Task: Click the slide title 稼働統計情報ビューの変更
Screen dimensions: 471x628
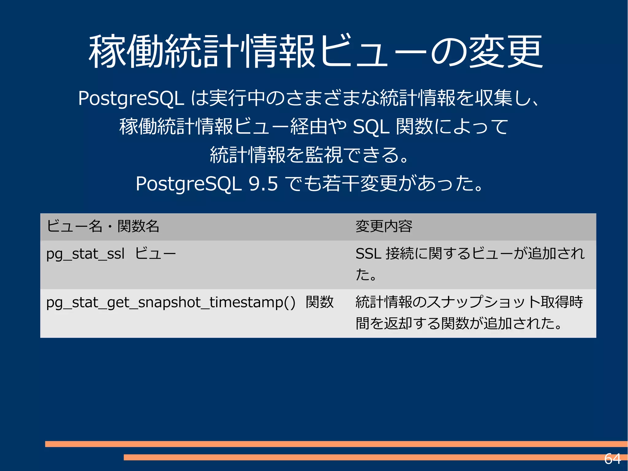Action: click(316, 52)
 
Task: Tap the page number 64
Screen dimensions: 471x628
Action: click(612, 459)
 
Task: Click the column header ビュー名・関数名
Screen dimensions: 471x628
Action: click(103, 226)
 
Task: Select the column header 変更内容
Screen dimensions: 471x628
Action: click(384, 226)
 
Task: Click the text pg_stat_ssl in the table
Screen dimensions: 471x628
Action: click(85, 254)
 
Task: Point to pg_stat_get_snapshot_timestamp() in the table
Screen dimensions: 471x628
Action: click(170, 303)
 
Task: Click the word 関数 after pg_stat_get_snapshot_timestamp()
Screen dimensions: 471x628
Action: click(320, 302)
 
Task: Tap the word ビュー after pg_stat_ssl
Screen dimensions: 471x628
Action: click(155, 254)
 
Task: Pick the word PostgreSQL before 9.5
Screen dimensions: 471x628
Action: click(188, 184)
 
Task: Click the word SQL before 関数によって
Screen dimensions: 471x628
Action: click(371, 127)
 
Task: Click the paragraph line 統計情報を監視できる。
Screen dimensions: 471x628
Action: click(310, 155)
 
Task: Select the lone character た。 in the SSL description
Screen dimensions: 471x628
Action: click(366, 274)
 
